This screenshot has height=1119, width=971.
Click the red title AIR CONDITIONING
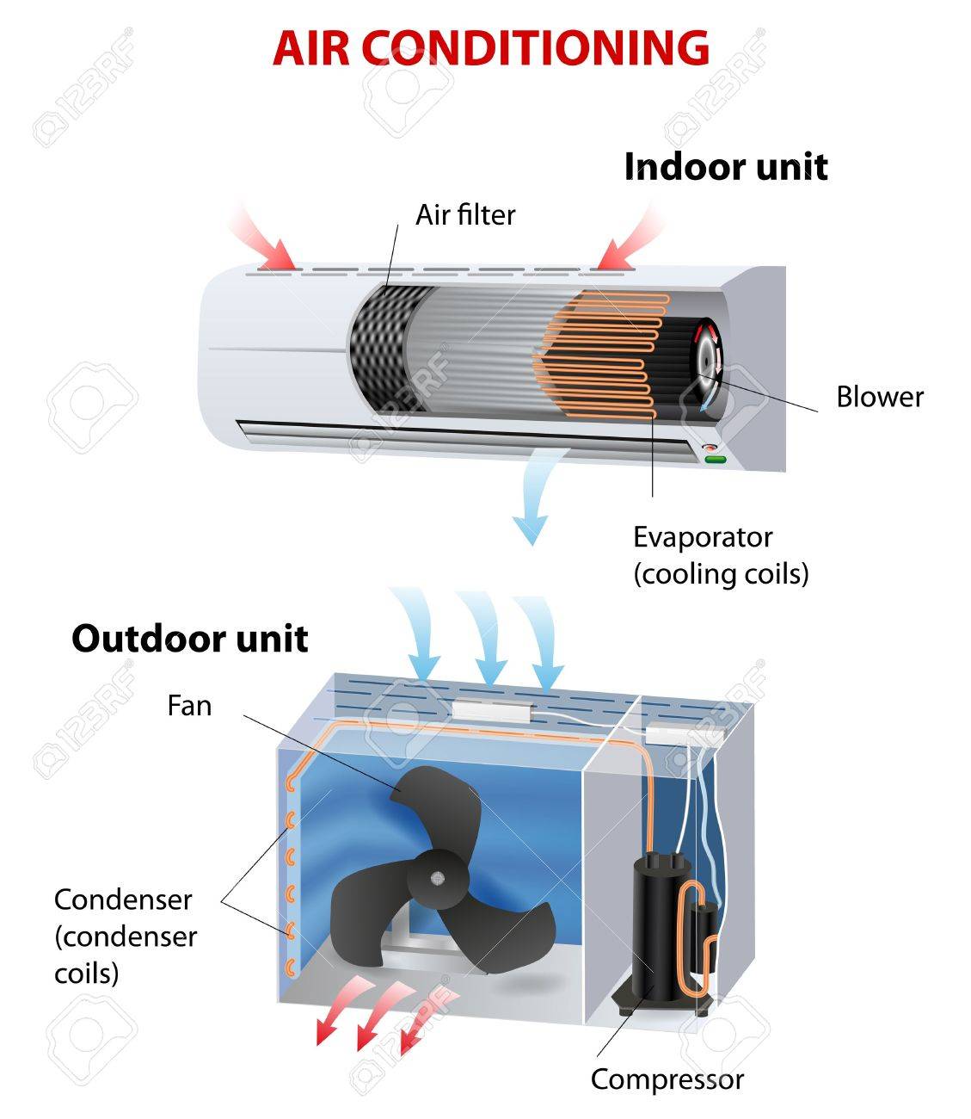(490, 48)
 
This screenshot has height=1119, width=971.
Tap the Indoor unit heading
(725, 166)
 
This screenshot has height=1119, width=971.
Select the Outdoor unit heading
(189, 639)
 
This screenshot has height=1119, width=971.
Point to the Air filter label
(465, 214)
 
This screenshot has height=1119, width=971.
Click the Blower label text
(880, 397)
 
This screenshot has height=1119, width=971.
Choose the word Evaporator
(703, 537)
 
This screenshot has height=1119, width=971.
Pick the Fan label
(189, 706)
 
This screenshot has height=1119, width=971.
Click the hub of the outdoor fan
(437, 878)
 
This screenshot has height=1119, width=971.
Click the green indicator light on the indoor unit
(715, 460)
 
